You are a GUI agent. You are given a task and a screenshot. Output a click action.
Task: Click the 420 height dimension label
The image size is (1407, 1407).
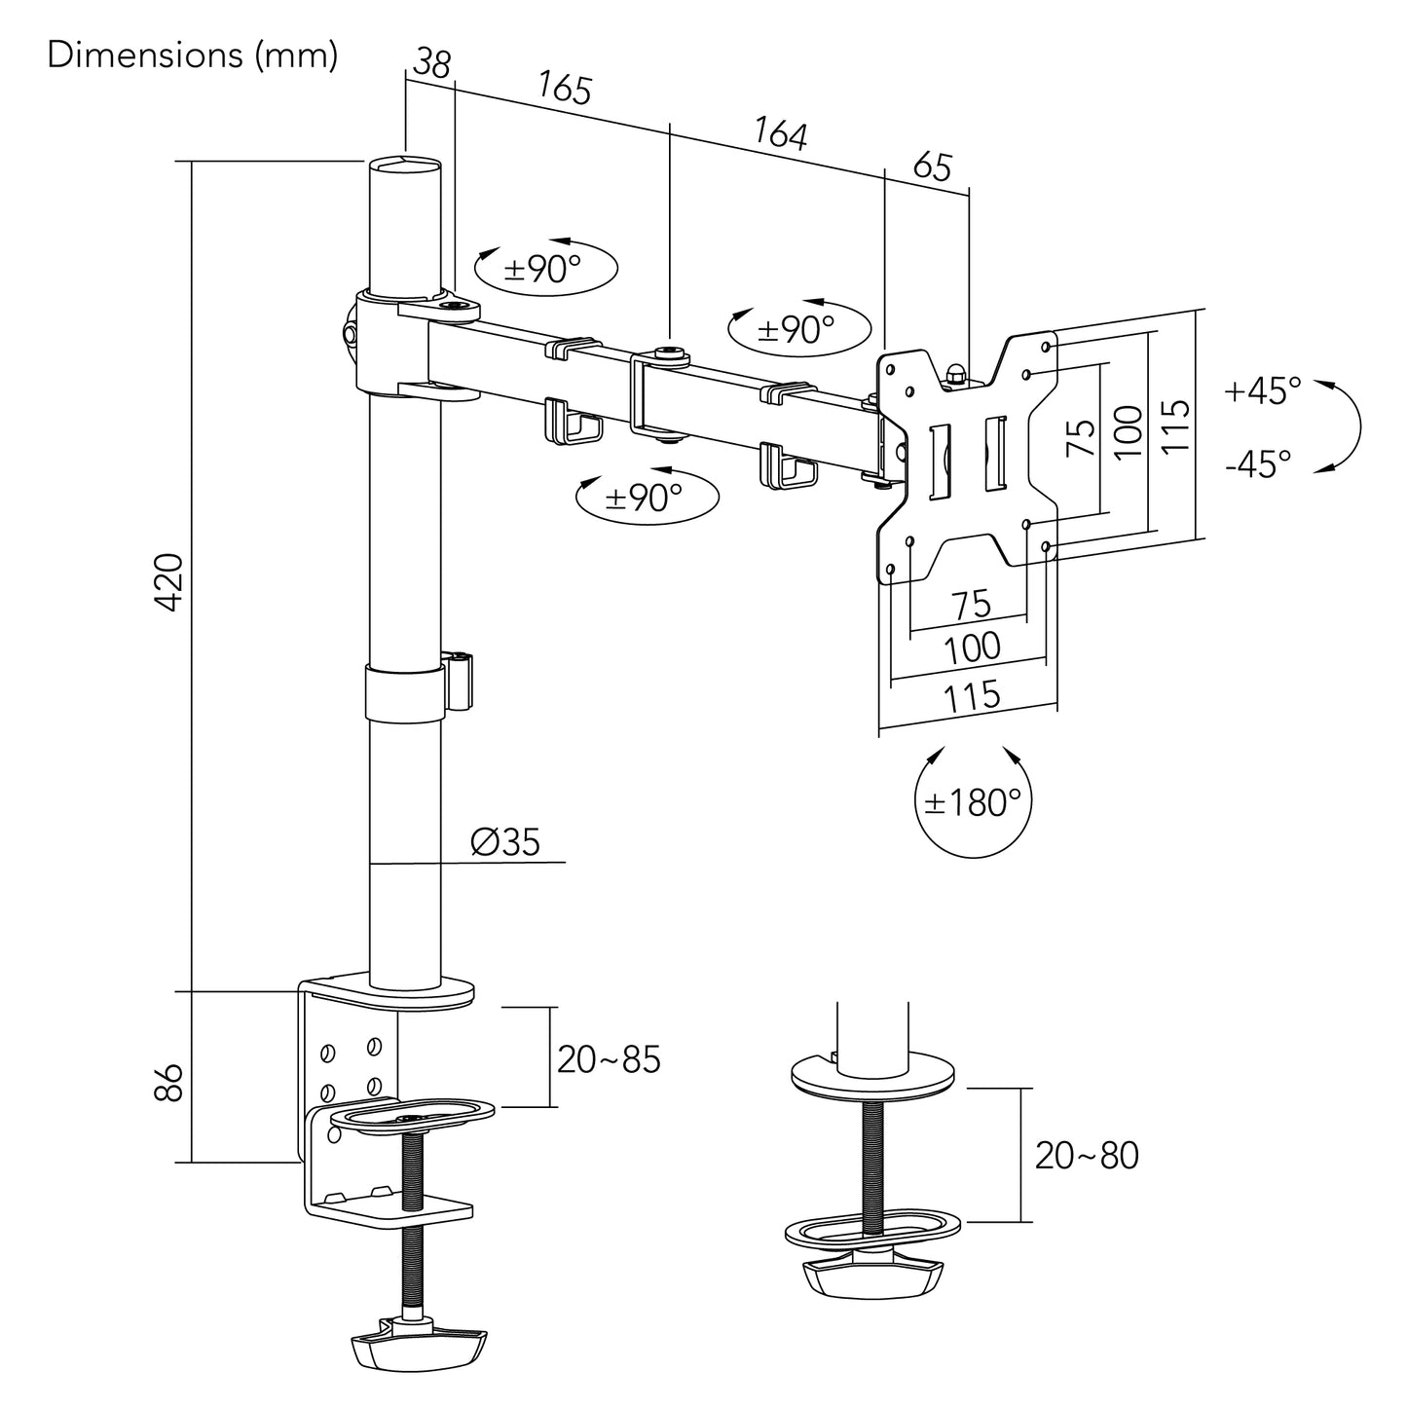pos(170,581)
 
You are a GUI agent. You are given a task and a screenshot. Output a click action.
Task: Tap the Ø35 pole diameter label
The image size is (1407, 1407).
pos(505,841)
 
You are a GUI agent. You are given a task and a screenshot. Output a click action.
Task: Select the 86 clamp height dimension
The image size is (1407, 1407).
pos(170,1081)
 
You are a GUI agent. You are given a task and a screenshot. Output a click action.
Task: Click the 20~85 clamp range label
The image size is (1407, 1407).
pos(609,1058)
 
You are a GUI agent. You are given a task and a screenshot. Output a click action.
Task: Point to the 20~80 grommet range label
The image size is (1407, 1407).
pos(1086,1156)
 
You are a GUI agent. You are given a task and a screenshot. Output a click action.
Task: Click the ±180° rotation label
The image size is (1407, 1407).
pos(973,802)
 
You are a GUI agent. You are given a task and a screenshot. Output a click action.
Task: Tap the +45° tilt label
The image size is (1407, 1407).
pos(1263,391)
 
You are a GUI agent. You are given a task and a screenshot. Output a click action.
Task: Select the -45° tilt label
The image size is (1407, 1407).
pos(1259,463)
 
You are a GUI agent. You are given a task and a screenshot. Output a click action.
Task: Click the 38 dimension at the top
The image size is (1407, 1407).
pos(431,64)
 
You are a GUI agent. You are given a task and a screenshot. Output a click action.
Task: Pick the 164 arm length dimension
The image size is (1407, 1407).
pos(781,133)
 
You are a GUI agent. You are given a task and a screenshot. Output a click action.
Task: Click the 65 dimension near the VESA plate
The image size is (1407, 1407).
pos(932,167)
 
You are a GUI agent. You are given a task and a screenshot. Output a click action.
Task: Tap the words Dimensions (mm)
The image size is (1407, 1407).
pos(193,56)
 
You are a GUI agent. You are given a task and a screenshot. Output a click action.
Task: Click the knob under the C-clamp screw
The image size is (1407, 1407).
pos(417,1345)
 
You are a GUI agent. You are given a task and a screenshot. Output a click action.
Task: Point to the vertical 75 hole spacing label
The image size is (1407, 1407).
pos(1081,438)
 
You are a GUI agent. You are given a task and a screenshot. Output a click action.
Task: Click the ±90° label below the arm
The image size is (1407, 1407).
pos(644,498)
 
